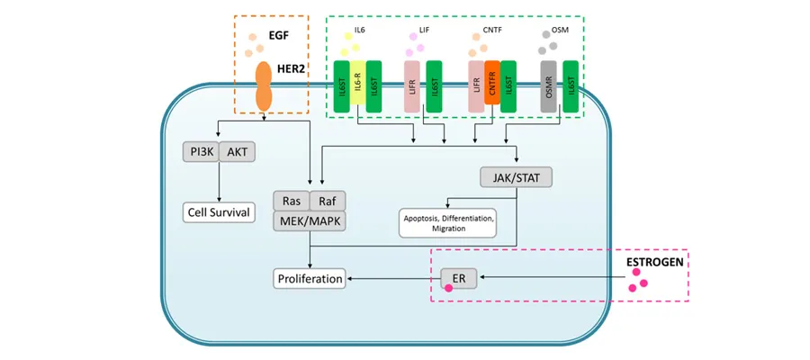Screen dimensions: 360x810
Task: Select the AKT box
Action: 238,152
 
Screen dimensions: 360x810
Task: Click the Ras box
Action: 292,201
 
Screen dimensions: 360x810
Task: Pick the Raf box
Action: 328,201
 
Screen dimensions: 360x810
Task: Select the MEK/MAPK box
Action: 310,220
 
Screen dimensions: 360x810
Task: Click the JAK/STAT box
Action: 517,177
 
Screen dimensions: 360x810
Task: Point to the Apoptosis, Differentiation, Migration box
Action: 447,221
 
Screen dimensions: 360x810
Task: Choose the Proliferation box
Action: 310,279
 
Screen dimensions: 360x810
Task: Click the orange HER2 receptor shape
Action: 264,85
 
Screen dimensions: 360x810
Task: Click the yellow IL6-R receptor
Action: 357,86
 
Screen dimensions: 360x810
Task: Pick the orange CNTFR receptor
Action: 492,86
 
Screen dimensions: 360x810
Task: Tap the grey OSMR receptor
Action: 548,86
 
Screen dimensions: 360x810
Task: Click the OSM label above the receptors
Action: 573,30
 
